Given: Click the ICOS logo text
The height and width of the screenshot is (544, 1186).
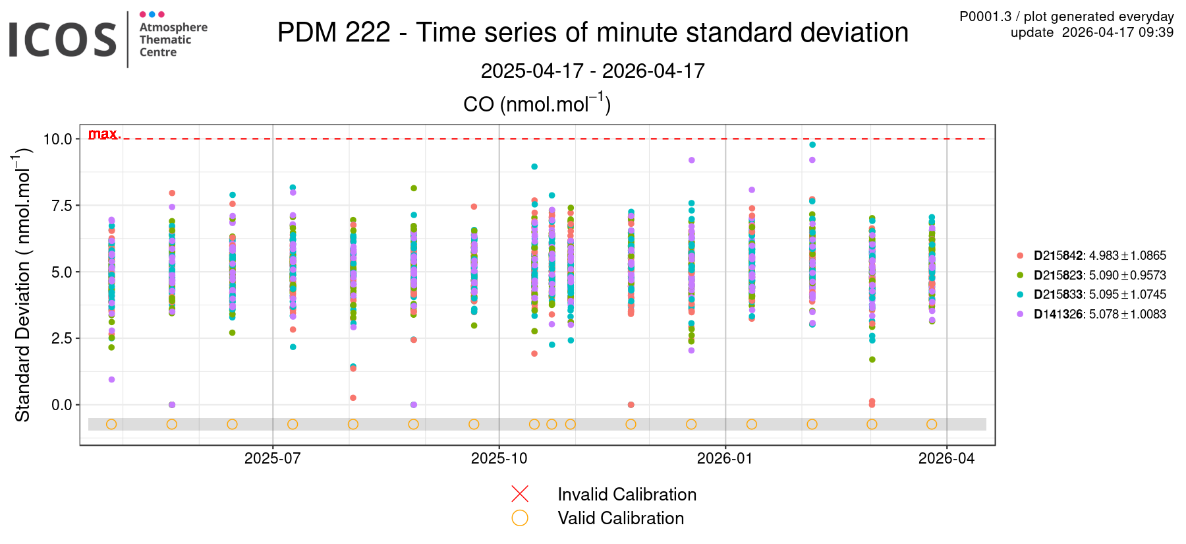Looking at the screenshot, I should tap(63, 40).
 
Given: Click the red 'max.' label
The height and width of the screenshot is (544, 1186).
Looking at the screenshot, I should tap(104, 134).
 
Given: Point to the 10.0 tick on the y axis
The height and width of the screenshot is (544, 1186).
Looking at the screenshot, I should tap(57, 139).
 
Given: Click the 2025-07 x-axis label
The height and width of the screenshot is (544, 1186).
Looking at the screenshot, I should tap(272, 459).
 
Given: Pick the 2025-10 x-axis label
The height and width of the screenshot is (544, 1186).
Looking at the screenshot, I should tap(499, 459).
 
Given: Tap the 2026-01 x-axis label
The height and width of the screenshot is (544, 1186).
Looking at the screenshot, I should tap(725, 459).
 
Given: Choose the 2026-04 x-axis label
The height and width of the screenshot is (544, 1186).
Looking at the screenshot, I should tap(946, 459).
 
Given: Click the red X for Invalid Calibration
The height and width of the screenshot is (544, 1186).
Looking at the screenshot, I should tap(520, 494).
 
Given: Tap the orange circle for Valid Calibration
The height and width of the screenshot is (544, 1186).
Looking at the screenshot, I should tap(520, 518).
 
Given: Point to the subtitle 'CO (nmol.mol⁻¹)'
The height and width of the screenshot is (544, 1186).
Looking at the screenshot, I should tap(537, 104).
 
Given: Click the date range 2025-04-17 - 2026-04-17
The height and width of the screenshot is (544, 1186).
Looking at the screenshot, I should tap(592, 71).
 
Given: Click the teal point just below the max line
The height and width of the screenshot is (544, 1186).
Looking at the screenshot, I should tap(812, 144).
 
